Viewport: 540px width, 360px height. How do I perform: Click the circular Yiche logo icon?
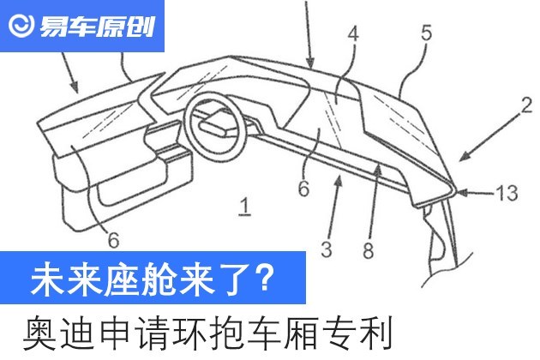(x=21, y=26)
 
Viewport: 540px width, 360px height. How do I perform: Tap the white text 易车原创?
(x=97, y=27)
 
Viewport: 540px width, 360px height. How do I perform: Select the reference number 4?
(x=353, y=34)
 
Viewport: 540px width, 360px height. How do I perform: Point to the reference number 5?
(x=426, y=33)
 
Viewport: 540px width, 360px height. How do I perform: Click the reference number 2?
(x=526, y=105)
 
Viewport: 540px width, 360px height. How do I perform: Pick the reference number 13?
(x=507, y=193)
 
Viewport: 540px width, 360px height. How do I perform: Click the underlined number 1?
(x=245, y=206)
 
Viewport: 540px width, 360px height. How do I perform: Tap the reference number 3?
(x=327, y=249)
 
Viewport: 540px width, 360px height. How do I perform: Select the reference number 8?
(x=369, y=250)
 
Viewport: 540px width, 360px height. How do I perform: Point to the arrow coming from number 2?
(x=489, y=138)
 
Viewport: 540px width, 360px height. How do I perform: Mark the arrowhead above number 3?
(x=339, y=181)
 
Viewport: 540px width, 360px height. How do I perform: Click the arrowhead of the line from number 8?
(x=378, y=169)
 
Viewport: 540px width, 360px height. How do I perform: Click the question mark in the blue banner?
(x=265, y=278)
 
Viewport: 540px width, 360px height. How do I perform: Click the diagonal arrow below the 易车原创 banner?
(x=70, y=73)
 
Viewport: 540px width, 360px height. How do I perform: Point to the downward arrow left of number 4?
(x=309, y=33)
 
